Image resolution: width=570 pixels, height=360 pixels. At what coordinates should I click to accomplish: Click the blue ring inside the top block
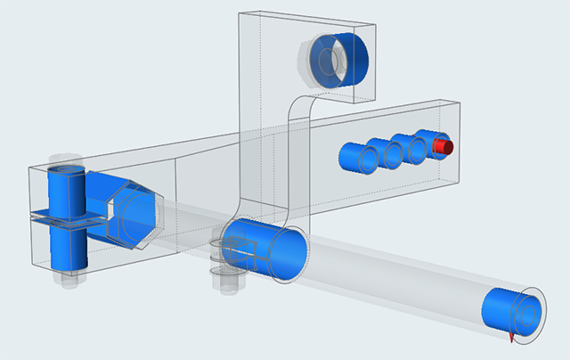344,55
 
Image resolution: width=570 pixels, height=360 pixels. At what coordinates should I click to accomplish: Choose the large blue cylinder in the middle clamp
267,250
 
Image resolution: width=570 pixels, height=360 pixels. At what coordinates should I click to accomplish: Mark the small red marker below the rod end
511,339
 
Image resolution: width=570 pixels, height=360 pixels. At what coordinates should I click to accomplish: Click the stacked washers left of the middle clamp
217,255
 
